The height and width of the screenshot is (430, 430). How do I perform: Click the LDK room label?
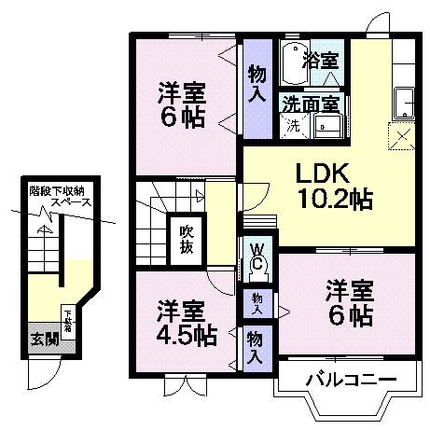[x=322, y=174]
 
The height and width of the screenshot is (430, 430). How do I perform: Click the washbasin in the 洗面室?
[x=327, y=126]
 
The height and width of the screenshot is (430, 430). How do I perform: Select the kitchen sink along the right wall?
[x=404, y=99]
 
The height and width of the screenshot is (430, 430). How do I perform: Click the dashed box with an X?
[x=403, y=135]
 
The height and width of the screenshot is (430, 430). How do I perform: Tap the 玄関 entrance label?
[x=40, y=338]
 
